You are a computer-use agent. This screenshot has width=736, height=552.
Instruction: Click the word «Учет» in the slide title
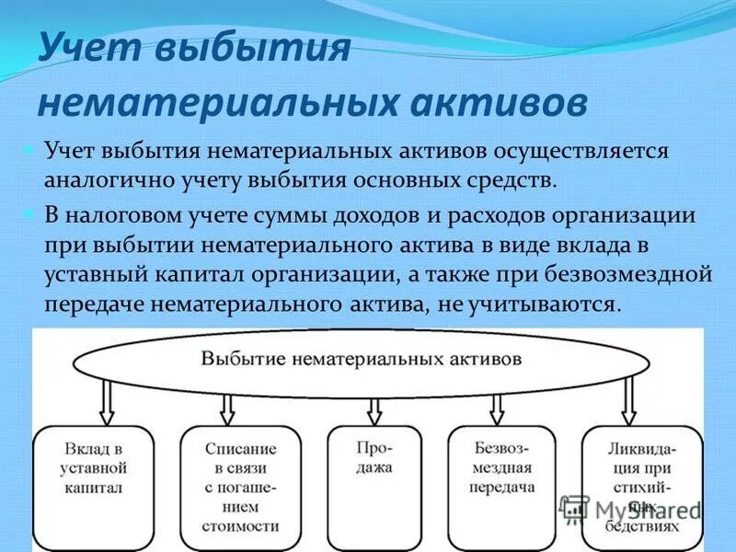(86, 46)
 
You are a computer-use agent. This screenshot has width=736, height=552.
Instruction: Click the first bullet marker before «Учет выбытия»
(29, 148)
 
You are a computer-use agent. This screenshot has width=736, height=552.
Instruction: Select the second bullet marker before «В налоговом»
(29, 213)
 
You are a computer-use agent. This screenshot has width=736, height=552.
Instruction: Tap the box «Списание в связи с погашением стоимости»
(241, 486)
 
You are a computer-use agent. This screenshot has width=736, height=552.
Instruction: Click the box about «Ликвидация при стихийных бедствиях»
(642, 486)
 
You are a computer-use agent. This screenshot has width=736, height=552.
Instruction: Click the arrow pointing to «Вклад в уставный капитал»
(107, 401)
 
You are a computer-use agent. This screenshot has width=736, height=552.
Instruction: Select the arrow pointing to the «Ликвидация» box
(629, 401)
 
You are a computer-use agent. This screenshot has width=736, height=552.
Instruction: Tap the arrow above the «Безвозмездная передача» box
(498, 407)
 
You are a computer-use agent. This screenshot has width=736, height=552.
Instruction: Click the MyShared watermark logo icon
(574, 509)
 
